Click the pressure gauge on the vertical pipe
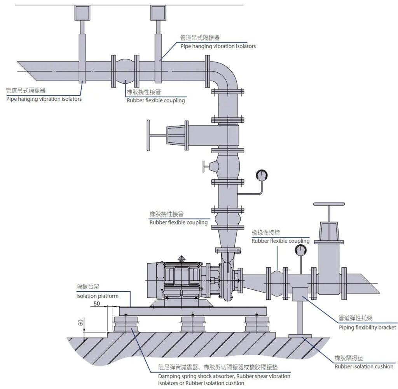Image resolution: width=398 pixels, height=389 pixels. [261, 175]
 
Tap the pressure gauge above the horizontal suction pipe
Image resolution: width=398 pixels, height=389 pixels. [300, 250]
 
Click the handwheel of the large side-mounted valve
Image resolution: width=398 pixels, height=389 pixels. [148, 135]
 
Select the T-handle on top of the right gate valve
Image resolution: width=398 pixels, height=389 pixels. [329, 203]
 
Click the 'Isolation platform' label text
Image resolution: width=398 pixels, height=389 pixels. [97, 296]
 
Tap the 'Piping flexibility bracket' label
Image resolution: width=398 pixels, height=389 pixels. [367, 327]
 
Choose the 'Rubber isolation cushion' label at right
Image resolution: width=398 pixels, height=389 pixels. [364, 366]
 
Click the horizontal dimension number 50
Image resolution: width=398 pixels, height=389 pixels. [97, 303]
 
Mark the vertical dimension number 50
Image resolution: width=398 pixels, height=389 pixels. [80, 322]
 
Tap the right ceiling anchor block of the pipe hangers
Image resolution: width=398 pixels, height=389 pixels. [158, 13]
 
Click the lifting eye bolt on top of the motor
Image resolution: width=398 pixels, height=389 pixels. [181, 259]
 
